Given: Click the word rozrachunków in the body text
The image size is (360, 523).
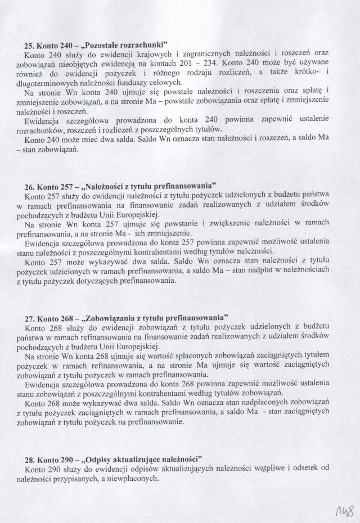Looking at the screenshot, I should click(x=47, y=128).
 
